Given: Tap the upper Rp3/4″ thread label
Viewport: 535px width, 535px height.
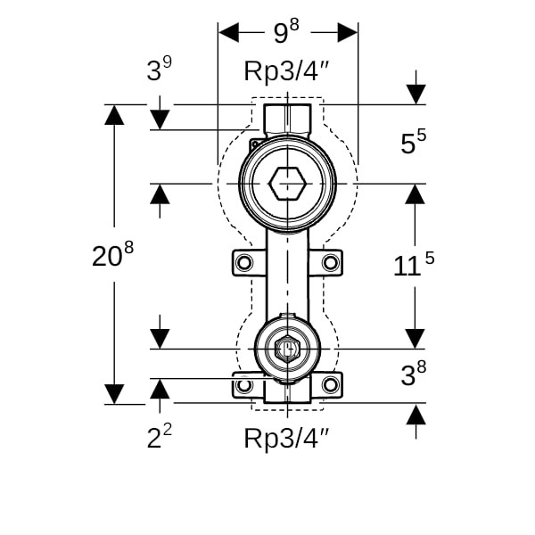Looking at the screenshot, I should (287, 73).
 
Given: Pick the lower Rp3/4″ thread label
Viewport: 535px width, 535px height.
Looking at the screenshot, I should (287, 438).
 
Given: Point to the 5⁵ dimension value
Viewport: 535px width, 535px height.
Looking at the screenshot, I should (413, 143).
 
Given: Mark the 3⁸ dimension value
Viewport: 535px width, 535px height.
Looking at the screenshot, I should (413, 375).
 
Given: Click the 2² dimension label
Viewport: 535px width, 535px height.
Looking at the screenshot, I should (160, 438).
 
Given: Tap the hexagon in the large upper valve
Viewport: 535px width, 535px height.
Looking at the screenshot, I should (287, 183).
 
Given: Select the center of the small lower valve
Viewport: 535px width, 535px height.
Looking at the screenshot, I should (287, 349).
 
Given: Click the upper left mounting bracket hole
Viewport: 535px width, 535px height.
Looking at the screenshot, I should (244, 262).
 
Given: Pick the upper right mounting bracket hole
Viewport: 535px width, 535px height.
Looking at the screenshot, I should (330, 262).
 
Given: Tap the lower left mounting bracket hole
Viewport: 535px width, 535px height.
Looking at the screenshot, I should (244, 385).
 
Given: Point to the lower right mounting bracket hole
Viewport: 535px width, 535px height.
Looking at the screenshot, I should (330, 385).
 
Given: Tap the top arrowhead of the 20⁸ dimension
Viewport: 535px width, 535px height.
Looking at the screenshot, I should (114, 115).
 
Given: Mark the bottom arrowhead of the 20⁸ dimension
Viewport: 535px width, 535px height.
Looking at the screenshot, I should (114, 393).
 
